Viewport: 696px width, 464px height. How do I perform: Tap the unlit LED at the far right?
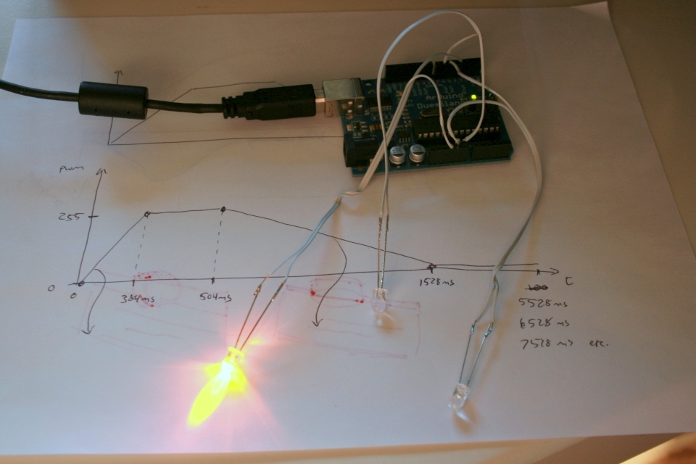460,397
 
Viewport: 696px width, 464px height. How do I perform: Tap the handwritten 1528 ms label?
436,283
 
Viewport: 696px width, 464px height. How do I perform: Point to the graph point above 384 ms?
148,213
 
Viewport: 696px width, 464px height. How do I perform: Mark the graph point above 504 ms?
223,210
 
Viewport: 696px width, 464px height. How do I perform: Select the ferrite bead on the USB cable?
113,100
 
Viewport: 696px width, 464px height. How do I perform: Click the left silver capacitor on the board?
398,154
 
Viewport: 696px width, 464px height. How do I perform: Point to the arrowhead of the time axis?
555,273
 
